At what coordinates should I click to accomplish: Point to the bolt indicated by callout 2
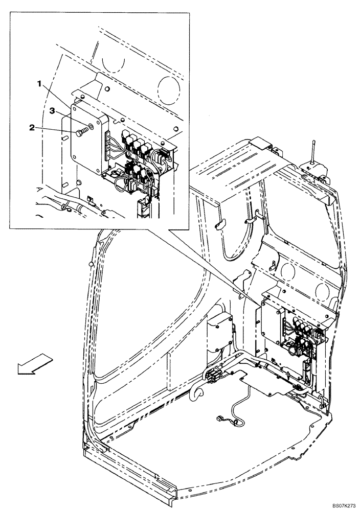[x=80, y=133]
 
